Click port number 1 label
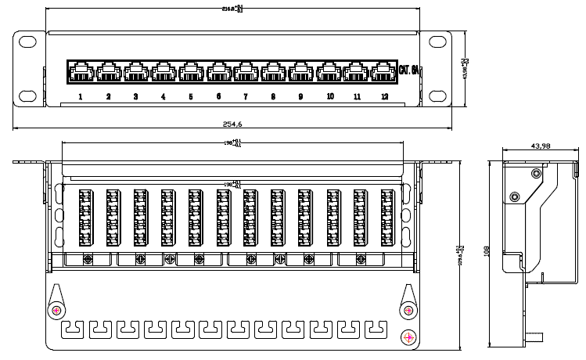(81, 97)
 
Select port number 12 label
(384, 97)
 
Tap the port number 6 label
(218, 97)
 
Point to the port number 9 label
(300, 97)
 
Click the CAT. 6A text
(409, 70)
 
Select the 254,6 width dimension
(233, 124)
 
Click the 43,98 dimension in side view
(541, 146)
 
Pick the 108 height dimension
(487, 252)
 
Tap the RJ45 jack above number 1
(81, 73)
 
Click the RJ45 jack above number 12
(383, 73)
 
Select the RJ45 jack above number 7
(246, 73)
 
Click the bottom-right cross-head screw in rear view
(408, 337)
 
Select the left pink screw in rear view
(56, 311)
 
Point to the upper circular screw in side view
(535, 173)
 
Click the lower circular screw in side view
(514, 196)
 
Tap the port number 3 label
(135, 97)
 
